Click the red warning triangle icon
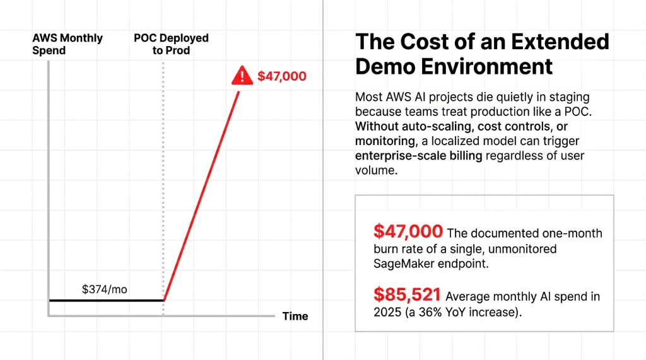click(242, 76)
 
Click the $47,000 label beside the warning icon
click(282, 77)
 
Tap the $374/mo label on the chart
click(105, 289)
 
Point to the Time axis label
click(295, 316)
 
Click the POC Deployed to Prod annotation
click(171, 44)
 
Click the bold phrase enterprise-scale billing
click(418, 155)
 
